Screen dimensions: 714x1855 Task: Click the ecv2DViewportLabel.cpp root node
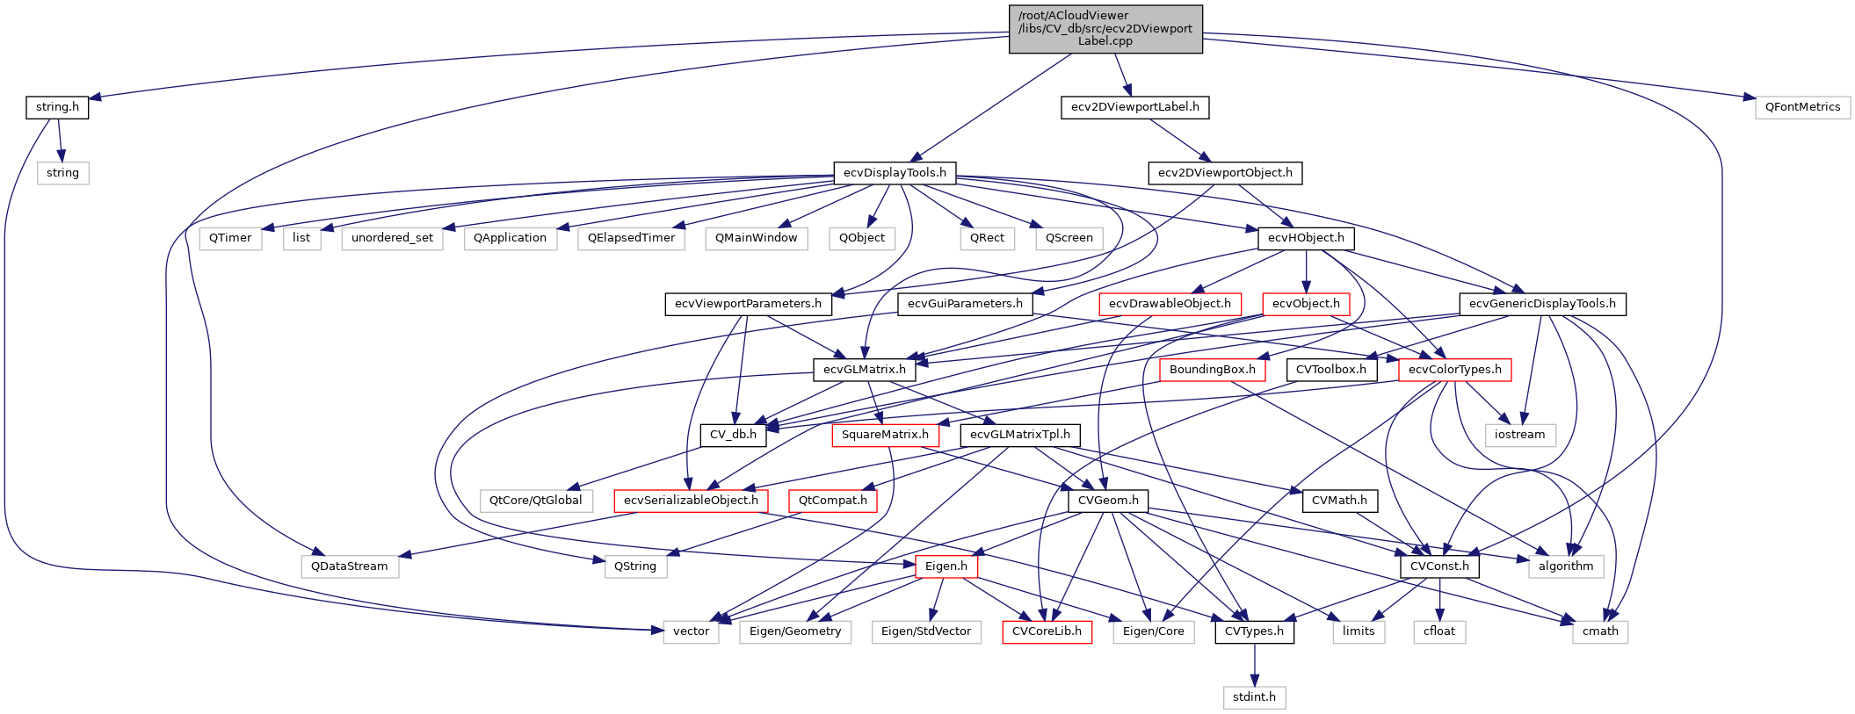pyautogui.click(x=1105, y=29)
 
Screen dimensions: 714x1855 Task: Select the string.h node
pyautogui.click(x=57, y=107)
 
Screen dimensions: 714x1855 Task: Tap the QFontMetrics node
pyautogui.click(x=1802, y=107)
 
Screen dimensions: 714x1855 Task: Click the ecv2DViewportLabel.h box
pyautogui.click(x=1134, y=107)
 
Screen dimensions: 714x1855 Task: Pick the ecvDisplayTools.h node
pyautogui.click(x=895, y=173)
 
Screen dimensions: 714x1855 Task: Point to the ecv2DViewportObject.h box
pyautogui.click(x=1225, y=173)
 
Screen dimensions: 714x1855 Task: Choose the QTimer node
pyautogui.click(x=230, y=238)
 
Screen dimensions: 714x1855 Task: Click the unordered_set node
pyautogui.click(x=392, y=238)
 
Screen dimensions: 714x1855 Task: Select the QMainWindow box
pyautogui.click(x=756, y=238)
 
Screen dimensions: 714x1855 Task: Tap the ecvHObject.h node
pyautogui.click(x=1306, y=238)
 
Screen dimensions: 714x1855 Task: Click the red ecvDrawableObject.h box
pyautogui.click(x=1170, y=304)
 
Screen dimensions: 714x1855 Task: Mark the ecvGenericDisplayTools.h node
pyautogui.click(x=1542, y=304)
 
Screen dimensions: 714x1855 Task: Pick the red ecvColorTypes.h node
pyautogui.click(x=1454, y=370)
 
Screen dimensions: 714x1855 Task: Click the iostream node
pyautogui.click(x=1519, y=435)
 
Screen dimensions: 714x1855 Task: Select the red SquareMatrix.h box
pyautogui.click(x=885, y=435)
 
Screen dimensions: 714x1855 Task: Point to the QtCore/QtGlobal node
pyautogui.click(x=535, y=501)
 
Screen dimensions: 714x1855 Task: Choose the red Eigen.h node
pyautogui.click(x=946, y=566)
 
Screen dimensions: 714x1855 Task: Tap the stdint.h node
pyautogui.click(x=1254, y=697)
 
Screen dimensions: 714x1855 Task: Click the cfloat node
pyautogui.click(x=1439, y=631)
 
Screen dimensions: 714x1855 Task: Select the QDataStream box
pyautogui.click(x=349, y=566)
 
